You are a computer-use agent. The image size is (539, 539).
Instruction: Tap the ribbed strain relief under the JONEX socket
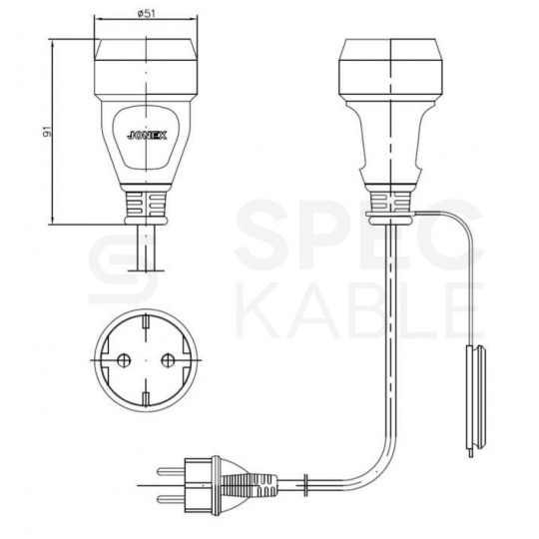tap(147, 206)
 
